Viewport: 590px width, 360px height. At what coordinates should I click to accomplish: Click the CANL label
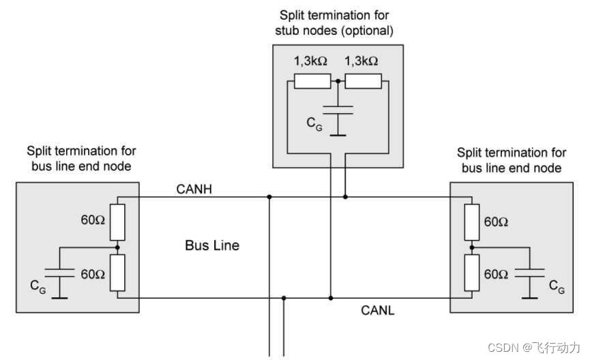(x=378, y=310)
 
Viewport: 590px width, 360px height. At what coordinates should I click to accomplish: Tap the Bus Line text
(x=212, y=245)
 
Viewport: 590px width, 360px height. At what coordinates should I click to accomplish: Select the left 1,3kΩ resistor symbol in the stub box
(x=312, y=81)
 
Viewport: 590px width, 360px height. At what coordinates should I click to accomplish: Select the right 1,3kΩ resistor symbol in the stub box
(x=363, y=81)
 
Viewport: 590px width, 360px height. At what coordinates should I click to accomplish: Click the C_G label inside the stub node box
(x=314, y=125)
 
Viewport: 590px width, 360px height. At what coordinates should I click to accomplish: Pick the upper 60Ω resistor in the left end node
(x=118, y=220)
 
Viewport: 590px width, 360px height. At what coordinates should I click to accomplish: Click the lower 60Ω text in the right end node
(x=496, y=274)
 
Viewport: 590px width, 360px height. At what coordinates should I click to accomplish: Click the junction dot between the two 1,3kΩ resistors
(x=338, y=81)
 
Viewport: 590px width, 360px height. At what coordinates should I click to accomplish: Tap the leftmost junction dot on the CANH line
(x=270, y=197)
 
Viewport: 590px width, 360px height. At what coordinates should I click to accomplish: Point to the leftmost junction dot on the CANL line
(x=284, y=298)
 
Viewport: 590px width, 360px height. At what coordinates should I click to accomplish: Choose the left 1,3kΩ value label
(x=310, y=61)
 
